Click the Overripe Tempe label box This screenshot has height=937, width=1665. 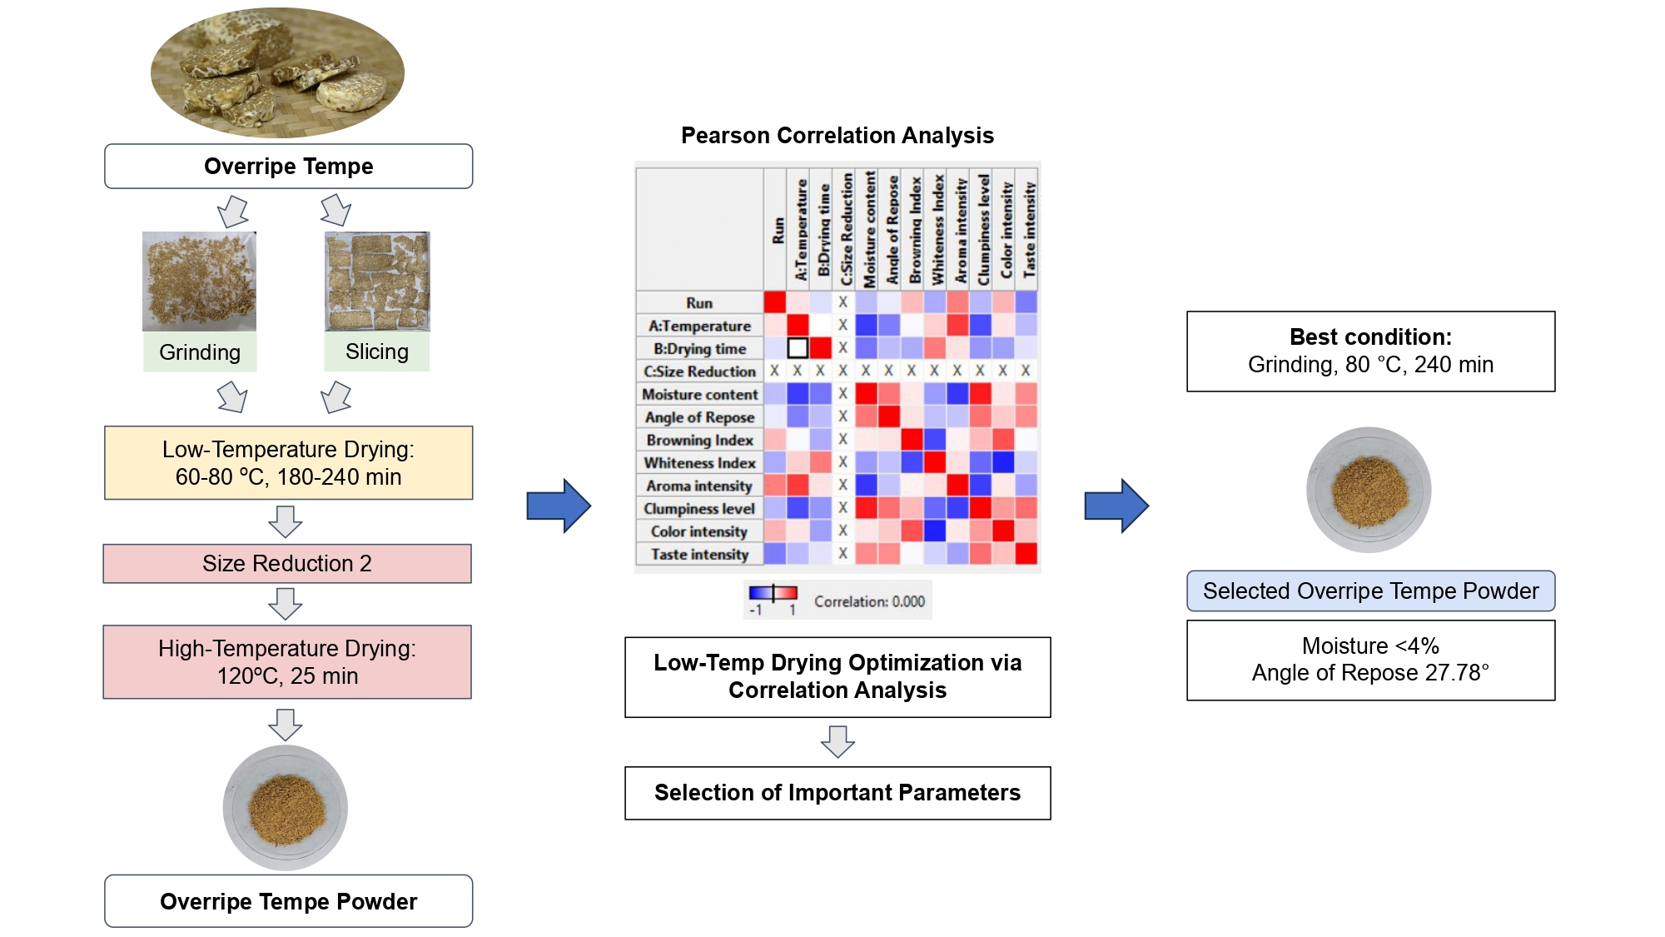click(288, 167)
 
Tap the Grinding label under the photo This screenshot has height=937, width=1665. click(200, 352)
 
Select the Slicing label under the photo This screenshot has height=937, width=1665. click(377, 351)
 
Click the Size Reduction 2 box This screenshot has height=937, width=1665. click(287, 564)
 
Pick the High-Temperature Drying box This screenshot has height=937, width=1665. click(287, 662)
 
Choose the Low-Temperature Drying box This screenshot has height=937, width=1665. click(288, 463)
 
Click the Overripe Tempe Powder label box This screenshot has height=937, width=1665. click(288, 901)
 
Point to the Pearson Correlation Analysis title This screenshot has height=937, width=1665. click(837, 135)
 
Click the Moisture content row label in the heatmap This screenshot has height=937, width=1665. click(699, 394)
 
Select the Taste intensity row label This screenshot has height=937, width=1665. click(699, 554)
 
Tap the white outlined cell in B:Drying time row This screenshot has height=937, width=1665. click(798, 347)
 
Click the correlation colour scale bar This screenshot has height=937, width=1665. click(773, 593)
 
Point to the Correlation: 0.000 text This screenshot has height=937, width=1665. click(869, 601)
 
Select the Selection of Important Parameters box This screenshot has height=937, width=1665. click(837, 793)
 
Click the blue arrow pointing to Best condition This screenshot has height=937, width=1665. click(1116, 506)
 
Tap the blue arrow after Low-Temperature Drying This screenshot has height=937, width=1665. click(559, 506)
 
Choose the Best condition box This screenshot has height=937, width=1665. click(1370, 351)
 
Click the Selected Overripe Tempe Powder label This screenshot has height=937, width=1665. click(1370, 591)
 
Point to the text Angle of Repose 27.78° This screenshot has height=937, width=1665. click(1370, 673)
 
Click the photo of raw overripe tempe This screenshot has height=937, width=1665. click(277, 72)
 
